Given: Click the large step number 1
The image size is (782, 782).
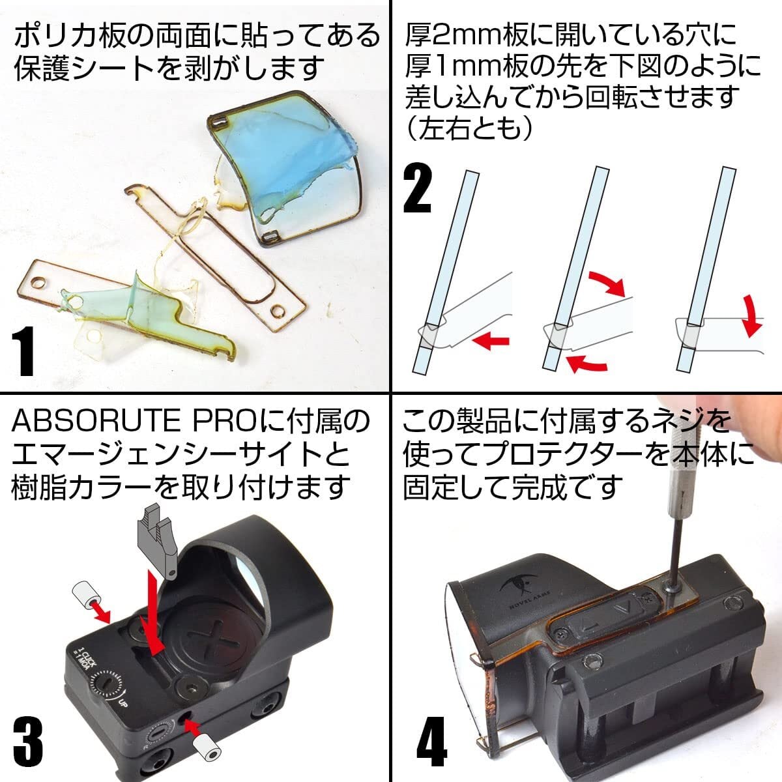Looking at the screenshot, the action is (23, 353).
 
